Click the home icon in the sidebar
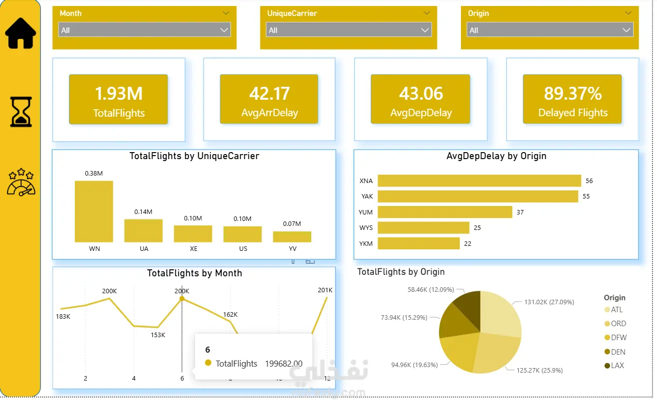point(20,33)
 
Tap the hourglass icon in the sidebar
point(21,112)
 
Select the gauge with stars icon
point(21,182)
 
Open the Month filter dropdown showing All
point(144,30)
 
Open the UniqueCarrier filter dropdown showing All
point(348,30)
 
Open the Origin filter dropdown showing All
point(550,30)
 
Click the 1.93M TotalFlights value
point(119,94)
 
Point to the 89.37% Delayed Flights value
point(573,94)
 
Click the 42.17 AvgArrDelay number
point(269,94)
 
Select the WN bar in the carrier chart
point(94,211)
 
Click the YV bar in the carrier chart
point(292,236)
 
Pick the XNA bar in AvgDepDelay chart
point(479,181)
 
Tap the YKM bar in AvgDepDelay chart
point(419,243)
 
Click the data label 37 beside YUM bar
point(520,212)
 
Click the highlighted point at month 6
point(182,299)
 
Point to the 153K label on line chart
point(158,335)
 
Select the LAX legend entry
point(614,366)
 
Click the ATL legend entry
point(614,309)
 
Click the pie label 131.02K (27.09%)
point(549,302)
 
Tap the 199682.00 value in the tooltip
point(284,364)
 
